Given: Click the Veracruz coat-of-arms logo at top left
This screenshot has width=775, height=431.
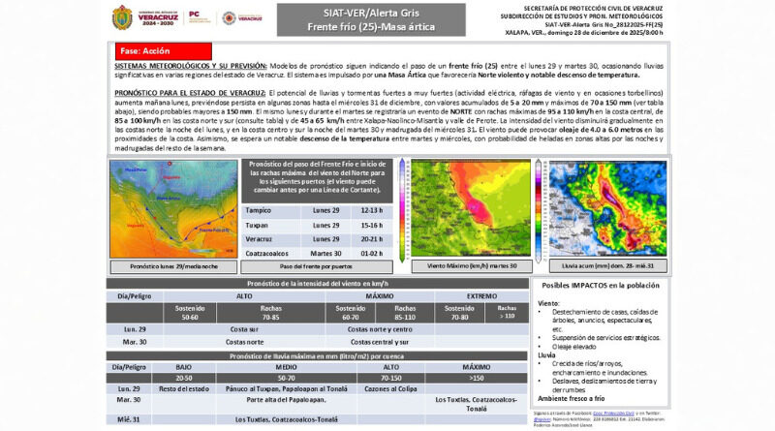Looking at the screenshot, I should pyautogui.click(x=124, y=17).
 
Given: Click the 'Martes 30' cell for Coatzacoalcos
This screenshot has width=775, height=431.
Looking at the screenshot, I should pyautogui.click(x=324, y=254).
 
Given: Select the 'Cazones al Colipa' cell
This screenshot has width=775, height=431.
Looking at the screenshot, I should pyautogui.click(x=391, y=388).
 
